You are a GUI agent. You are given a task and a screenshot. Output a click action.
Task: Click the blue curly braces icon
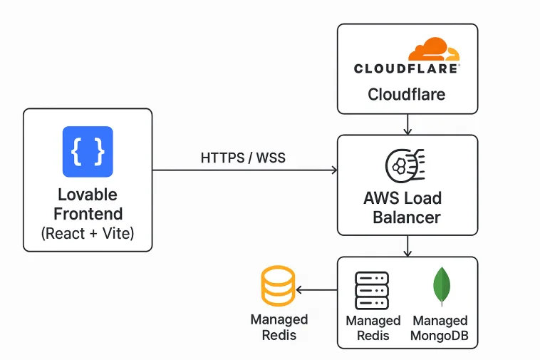click(x=88, y=151)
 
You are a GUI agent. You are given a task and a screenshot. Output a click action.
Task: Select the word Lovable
click(x=88, y=195)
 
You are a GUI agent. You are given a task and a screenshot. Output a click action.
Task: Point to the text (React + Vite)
click(x=88, y=232)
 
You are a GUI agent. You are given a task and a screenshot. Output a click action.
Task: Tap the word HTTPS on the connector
click(x=222, y=158)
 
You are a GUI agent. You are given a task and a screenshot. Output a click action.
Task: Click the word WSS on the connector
click(x=271, y=158)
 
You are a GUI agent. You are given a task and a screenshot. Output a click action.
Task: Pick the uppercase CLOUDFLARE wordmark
click(x=407, y=68)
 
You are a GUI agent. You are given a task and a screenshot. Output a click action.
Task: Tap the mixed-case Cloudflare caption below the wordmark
click(x=407, y=94)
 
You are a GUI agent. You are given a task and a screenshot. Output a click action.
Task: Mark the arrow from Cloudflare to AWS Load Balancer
click(x=407, y=124)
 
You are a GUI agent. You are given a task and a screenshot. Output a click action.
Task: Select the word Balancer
click(x=407, y=217)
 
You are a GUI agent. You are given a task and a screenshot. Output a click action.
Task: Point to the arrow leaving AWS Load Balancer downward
click(x=407, y=246)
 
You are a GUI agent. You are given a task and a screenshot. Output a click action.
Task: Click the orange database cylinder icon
click(x=278, y=287)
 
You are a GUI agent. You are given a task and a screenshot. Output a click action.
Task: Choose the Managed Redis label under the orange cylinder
click(x=279, y=327)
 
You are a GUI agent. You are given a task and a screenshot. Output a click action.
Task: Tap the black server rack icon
click(x=372, y=289)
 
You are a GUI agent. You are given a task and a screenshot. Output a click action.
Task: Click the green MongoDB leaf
click(x=441, y=287)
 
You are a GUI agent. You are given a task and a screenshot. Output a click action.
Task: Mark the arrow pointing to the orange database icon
click(x=316, y=290)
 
